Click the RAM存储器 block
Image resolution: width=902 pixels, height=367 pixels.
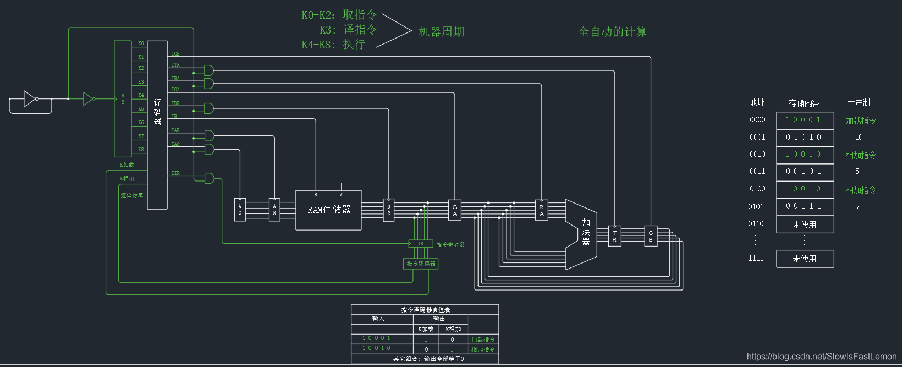[328, 210]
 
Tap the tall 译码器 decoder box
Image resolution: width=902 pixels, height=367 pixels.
[157, 124]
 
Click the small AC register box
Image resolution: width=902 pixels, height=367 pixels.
[240, 210]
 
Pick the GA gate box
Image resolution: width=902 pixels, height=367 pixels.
[455, 210]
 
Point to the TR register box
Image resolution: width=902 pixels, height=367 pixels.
[614, 236]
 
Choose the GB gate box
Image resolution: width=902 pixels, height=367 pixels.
[651, 236]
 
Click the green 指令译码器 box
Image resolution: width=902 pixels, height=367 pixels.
[421, 264]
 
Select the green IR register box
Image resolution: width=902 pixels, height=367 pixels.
[421, 243]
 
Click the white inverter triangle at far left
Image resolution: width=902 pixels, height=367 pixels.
[30, 99]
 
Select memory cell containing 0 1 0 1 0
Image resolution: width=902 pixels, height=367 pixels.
[805, 137]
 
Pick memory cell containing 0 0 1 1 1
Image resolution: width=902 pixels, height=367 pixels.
[805, 206]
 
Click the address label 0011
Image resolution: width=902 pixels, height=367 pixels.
[757, 172]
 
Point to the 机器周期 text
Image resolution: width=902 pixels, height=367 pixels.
[441, 32]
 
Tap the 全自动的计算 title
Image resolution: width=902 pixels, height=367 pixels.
[612, 32]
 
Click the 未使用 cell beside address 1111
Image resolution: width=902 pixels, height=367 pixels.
[805, 259]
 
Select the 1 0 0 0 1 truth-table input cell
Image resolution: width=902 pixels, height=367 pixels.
[377, 338]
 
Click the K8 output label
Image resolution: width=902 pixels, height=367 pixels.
[141, 150]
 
